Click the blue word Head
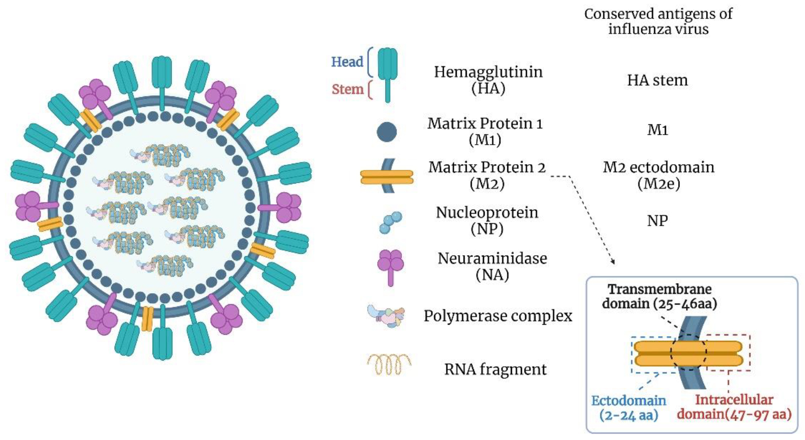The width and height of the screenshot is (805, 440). (x=347, y=62)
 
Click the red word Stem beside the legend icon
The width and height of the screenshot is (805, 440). (x=347, y=89)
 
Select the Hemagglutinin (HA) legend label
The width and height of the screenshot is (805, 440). (x=488, y=79)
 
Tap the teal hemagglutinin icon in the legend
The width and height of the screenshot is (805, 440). (x=388, y=74)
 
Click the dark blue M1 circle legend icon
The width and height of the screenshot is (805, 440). (x=387, y=132)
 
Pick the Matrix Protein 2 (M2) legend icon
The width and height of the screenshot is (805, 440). (x=387, y=176)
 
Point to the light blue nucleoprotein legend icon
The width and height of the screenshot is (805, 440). (x=390, y=223)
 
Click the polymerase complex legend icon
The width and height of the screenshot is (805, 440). (x=387, y=316)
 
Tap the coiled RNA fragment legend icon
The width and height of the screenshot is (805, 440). (x=389, y=364)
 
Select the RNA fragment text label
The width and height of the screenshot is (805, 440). (x=495, y=369)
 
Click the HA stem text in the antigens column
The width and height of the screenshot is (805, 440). (x=657, y=80)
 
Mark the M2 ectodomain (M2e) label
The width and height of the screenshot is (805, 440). (x=658, y=175)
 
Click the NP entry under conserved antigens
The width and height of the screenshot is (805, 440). (x=657, y=221)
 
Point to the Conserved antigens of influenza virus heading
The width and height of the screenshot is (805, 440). (x=658, y=21)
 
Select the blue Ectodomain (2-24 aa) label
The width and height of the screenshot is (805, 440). (x=629, y=407)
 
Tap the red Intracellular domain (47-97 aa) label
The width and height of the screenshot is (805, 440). (x=734, y=407)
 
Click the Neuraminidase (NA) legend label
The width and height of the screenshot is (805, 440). (x=492, y=266)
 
